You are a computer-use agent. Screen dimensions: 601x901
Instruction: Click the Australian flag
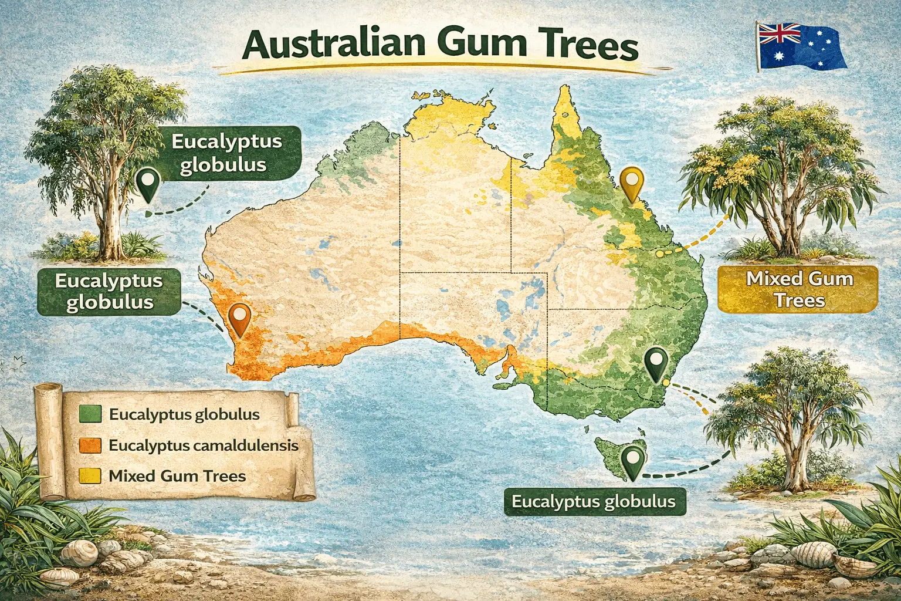(x=800, y=46)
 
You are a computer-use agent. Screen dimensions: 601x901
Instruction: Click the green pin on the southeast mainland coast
(x=655, y=362)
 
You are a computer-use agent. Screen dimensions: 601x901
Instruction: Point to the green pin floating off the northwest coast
(x=147, y=183)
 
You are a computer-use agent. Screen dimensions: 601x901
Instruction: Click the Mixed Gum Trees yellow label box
(x=798, y=289)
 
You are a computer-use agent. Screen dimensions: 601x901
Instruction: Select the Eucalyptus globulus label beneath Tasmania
(x=594, y=502)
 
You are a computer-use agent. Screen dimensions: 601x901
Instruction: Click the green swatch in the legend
(x=90, y=414)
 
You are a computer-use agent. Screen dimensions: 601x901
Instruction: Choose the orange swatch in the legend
(x=90, y=445)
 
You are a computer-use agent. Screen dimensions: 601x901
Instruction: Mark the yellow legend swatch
(x=90, y=476)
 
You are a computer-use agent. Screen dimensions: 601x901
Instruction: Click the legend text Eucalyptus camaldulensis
(x=203, y=445)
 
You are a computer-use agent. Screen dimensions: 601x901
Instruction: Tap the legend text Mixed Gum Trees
(x=177, y=476)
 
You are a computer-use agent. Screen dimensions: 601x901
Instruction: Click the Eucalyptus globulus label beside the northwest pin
(x=226, y=153)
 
